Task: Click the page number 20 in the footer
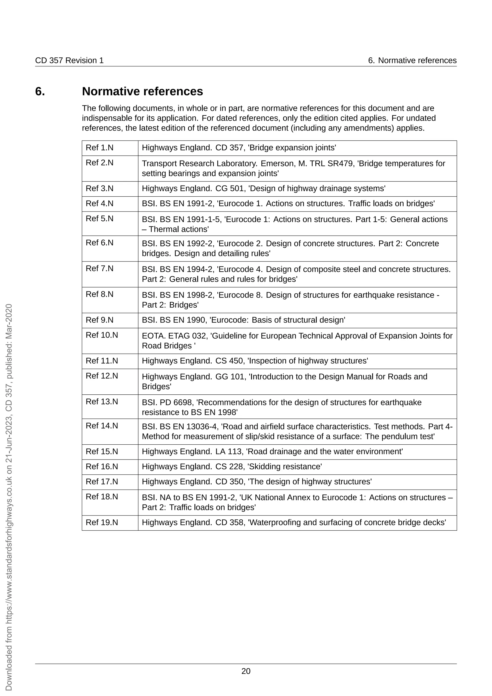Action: (246, 671)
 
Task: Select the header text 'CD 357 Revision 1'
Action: (69, 60)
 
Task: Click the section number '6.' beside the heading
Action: (40, 91)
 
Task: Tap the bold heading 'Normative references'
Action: (142, 91)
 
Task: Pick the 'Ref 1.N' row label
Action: (99, 148)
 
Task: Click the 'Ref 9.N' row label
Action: (99, 320)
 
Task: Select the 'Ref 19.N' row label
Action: (102, 522)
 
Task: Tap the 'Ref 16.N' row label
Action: (102, 466)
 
